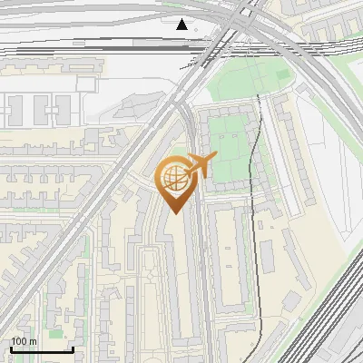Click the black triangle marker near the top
pos(182,25)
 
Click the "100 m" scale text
pos(24,341)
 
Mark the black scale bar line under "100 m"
pos(42,349)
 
